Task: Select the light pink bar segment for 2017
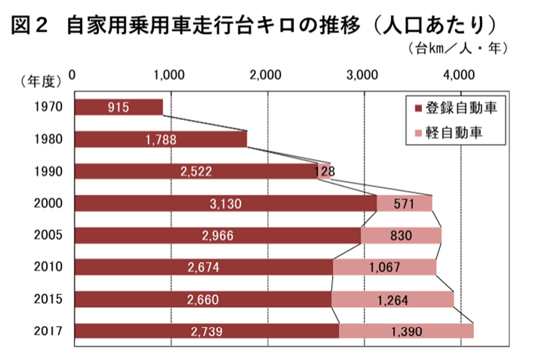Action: click(x=406, y=331)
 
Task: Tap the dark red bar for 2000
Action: click(x=225, y=204)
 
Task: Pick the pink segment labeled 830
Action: click(x=400, y=236)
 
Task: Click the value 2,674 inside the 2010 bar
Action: click(x=203, y=267)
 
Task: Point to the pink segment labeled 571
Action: click(x=403, y=204)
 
